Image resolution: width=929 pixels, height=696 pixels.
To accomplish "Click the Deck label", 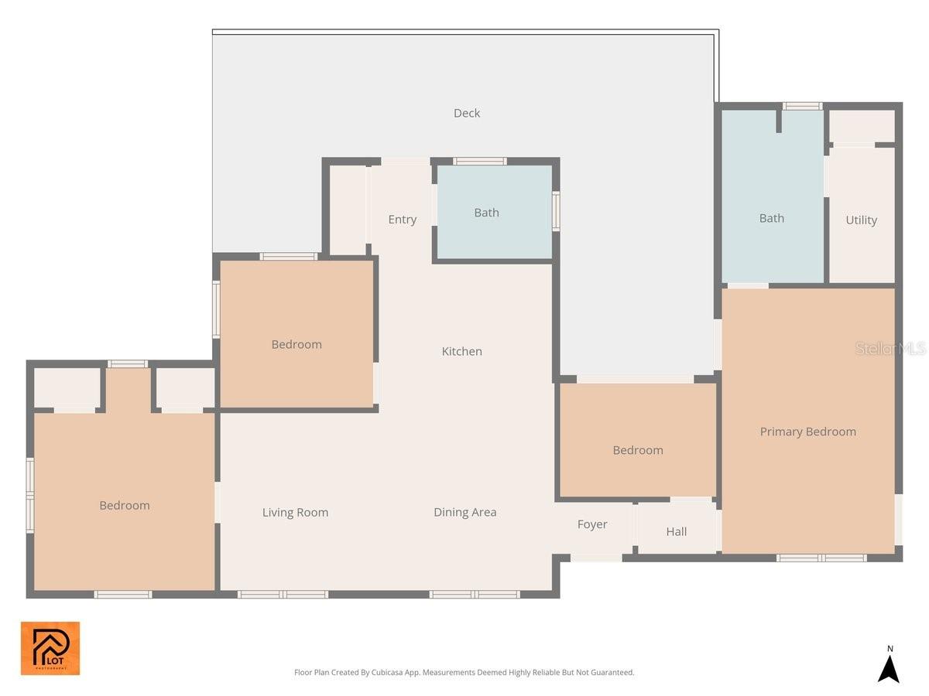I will pyautogui.click(x=467, y=114).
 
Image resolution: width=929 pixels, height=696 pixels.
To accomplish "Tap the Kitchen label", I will pyautogui.click(x=461, y=351).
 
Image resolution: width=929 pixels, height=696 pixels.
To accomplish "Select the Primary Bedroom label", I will pyautogui.click(x=807, y=432).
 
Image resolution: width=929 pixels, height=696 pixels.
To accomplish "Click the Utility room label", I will pyautogui.click(x=861, y=220).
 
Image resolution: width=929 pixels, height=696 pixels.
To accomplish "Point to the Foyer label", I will pyautogui.click(x=592, y=524).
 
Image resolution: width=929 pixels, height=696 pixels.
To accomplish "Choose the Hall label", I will pyautogui.click(x=676, y=532).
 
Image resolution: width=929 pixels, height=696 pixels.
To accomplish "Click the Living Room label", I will pyautogui.click(x=295, y=512).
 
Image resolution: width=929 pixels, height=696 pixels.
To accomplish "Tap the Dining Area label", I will pyautogui.click(x=464, y=512).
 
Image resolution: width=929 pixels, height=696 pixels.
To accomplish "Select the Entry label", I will pyautogui.click(x=402, y=220).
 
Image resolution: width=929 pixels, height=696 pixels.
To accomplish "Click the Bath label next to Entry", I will pyautogui.click(x=486, y=213).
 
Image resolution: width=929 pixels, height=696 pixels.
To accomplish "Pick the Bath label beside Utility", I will pyautogui.click(x=771, y=219).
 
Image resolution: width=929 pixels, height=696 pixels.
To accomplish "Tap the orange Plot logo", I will pyautogui.click(x=50, y=648).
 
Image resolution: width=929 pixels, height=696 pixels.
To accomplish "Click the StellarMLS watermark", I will pyautogui.click(x=890, y=349).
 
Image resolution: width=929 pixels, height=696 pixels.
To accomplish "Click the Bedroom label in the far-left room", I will pyautogui.click(x=124, y=505).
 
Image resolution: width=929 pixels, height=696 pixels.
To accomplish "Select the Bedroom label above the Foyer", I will pyautogui.click(x=637, y=450).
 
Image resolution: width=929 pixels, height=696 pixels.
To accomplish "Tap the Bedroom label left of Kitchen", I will pyautogui.click(x=296, y=344).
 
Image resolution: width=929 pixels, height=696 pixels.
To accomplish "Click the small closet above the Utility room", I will pyautogui.click(x=862, y=126).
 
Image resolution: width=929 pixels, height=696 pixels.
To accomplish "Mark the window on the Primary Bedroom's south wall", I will pyautogui.click(x=821, y=558).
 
